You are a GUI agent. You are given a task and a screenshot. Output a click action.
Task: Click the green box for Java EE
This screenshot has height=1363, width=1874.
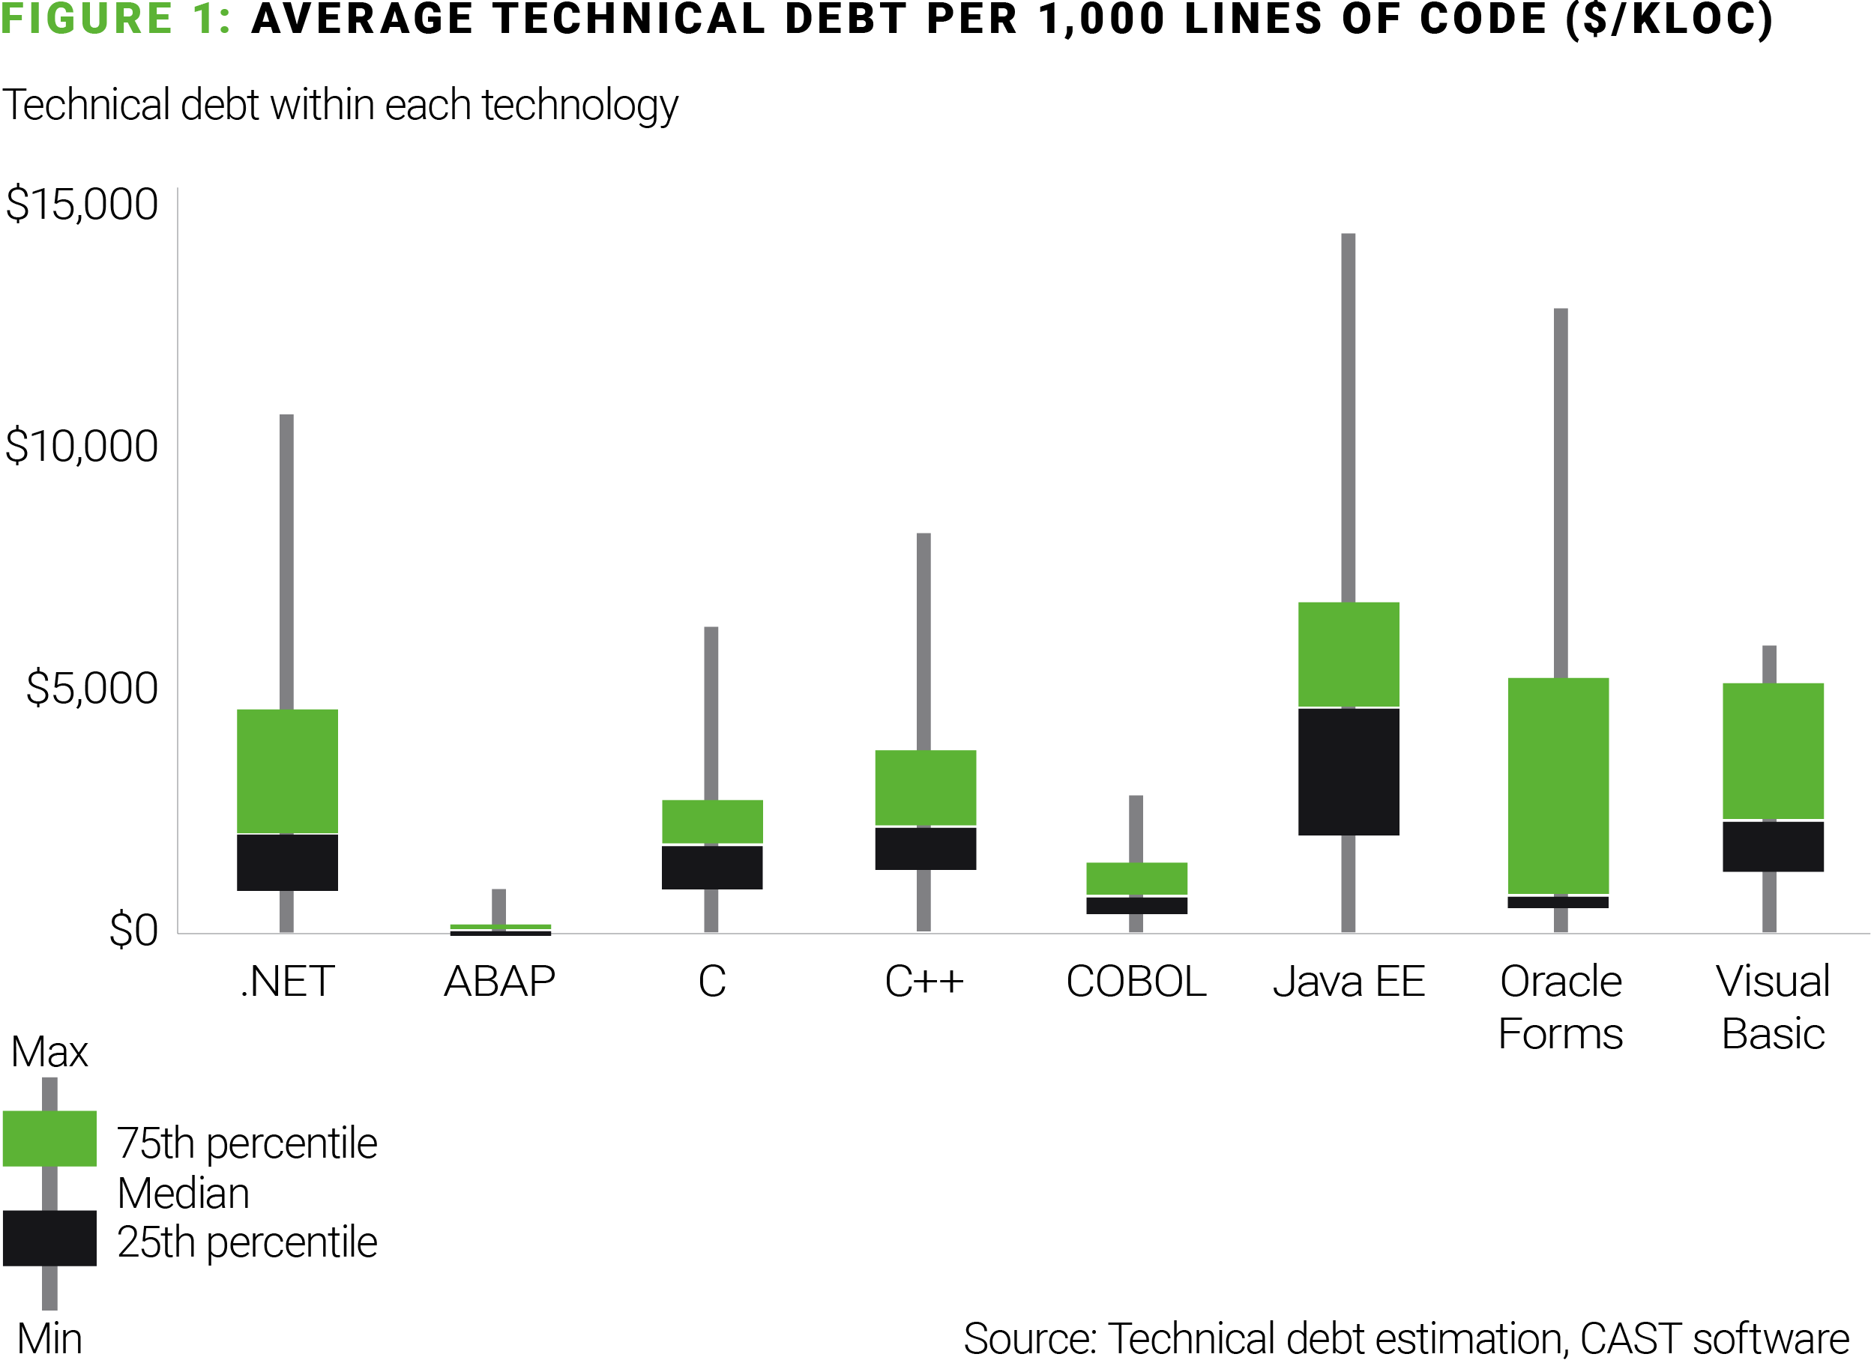point(1348,654)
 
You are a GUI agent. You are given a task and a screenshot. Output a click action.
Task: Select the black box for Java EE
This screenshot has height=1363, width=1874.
point(1348,772)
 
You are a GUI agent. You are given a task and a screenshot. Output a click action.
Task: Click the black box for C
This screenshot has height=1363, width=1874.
point(711,866)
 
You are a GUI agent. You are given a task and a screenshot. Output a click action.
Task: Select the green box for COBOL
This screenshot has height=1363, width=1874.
point(1136,878)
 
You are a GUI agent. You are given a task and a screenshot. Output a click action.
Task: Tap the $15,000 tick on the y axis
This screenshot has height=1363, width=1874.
point(81,204)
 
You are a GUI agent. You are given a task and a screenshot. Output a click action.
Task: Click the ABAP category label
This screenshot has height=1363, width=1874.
point(499,982)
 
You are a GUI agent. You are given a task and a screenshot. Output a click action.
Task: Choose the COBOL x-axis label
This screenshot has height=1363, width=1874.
point(1136,982)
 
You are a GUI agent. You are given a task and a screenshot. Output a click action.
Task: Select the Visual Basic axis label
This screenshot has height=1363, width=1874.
point(1772,1007)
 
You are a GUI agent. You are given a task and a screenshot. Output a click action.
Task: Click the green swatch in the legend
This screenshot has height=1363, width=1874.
point(49,1138)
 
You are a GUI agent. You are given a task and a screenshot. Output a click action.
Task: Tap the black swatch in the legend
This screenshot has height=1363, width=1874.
point(49,1237)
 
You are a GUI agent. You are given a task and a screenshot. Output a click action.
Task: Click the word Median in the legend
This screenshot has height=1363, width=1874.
point(183,1193)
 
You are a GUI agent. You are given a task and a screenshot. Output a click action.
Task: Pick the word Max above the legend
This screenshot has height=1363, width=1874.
point(49,1051)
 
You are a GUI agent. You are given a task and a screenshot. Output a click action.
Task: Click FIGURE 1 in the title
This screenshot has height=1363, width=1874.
point(115,18)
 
